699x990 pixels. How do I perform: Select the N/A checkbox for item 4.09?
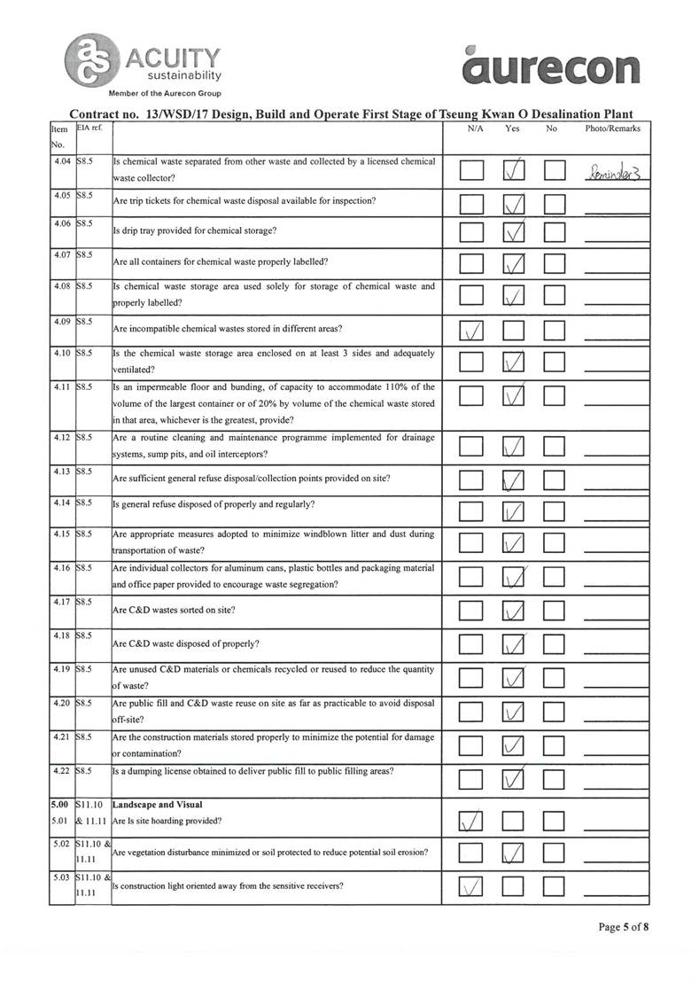[471, 331]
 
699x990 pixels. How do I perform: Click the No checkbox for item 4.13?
[555, 481]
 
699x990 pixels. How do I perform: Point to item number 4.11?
[60, 386]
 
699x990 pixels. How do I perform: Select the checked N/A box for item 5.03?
[471, 886]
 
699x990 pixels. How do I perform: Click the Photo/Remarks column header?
[612, 129]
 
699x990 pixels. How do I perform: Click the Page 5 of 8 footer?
[624, 927]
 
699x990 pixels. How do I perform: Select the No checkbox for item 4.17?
[555, 612]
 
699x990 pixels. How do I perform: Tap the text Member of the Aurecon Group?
[165, 93]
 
